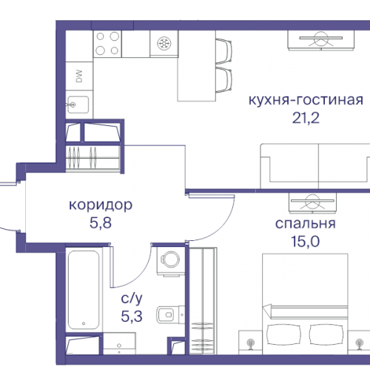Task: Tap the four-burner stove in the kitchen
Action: pyautogui.click(x=107, y=44)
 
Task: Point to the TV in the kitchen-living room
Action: pyautogui.click(x=319, y=39)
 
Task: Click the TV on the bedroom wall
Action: pyautogui.click(x=310, y=201)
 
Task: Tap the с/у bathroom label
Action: pyautogui.click(x=132, y=301)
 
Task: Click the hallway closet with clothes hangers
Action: pyautogui.click(x=88, y=158)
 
